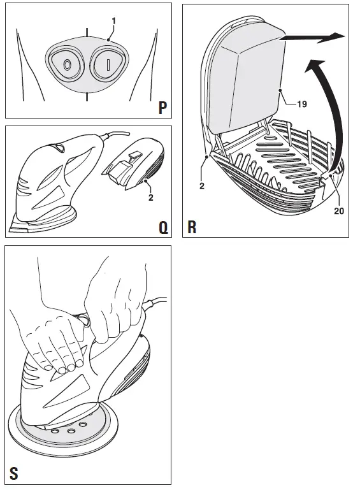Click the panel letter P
click(162, 108)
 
